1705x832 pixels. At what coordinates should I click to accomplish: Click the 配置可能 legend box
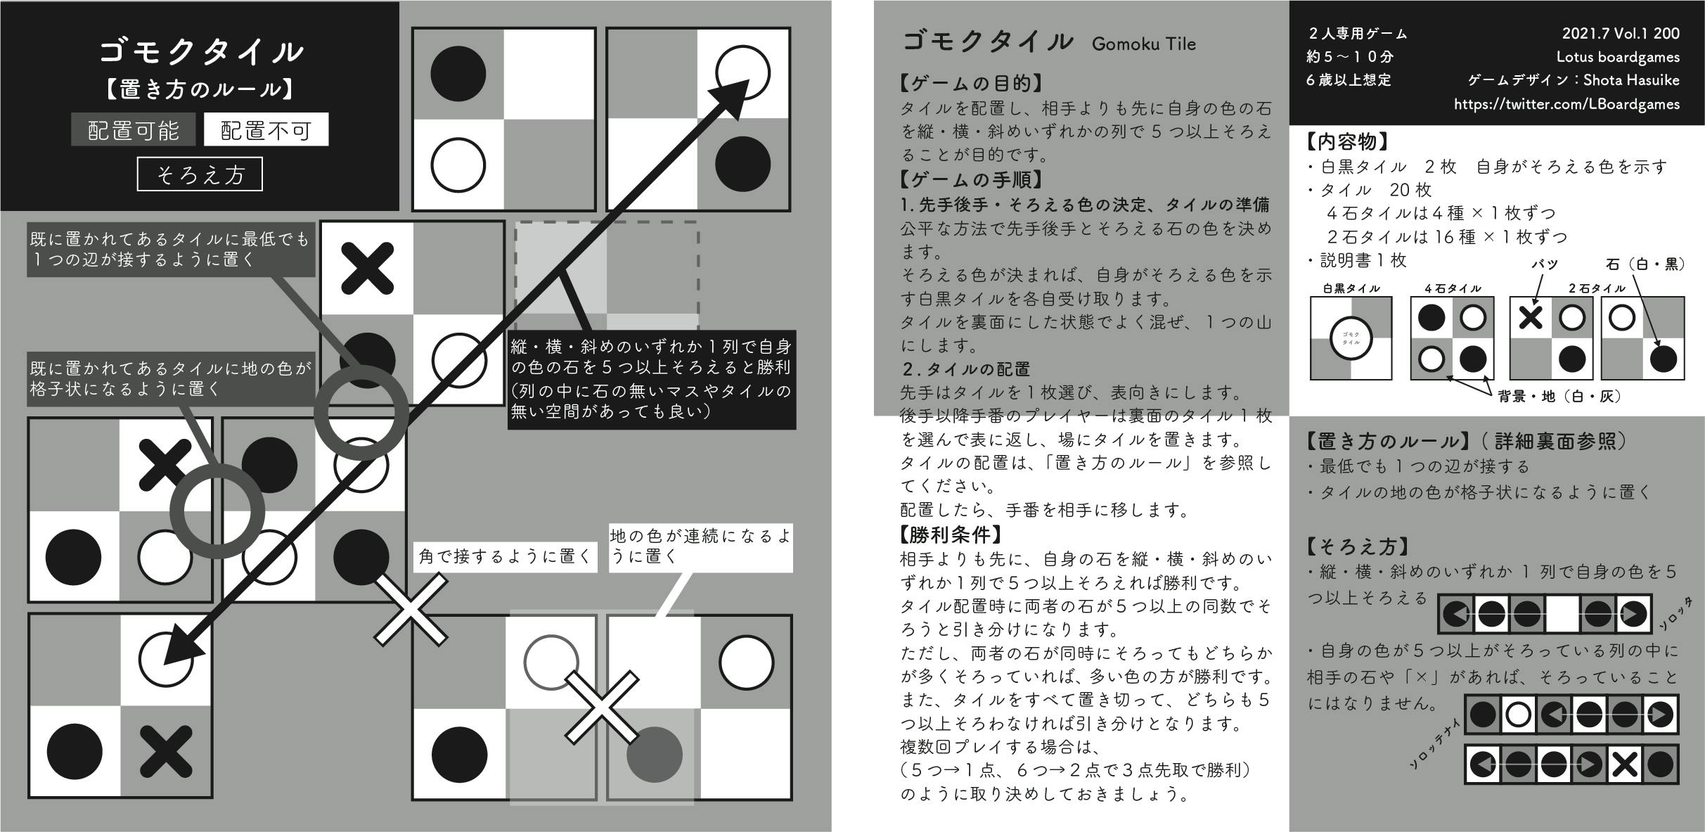point(133,130)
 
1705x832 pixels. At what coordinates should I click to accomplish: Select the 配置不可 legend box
point(266,130)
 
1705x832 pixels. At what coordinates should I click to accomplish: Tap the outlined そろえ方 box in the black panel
point(200,174)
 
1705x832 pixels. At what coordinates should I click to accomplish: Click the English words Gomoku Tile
point(1143,44)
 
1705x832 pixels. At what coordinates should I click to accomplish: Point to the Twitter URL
point(1566,104)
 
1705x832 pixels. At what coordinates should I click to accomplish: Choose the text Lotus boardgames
point(1617,57)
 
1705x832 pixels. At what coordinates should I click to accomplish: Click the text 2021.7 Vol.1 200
point(1621,33)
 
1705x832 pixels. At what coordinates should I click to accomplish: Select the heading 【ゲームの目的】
point(970,84)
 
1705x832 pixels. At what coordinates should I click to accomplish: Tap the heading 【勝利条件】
point(951,535)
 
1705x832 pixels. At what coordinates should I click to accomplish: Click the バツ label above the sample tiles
point(1544,264)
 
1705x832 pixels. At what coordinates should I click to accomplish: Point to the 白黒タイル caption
point(1351,288)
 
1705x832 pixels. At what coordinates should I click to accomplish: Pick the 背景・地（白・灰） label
point(1559,397)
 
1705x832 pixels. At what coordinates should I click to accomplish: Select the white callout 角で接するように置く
point(505,557)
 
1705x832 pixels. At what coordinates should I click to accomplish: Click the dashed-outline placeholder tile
point(606,276)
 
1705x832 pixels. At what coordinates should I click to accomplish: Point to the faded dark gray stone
point(654,754)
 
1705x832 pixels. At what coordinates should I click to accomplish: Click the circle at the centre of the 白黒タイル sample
point(1351,338)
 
